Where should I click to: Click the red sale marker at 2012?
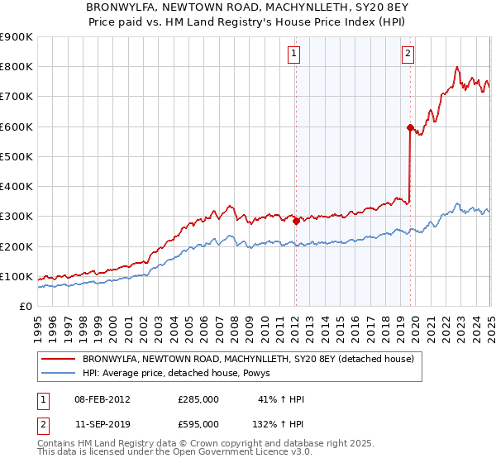click(x=296, y=221)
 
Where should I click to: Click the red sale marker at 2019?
click(x=410, y=127)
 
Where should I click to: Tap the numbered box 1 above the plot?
click(x=294, y=55)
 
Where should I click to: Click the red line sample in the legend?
click(x=59, y=359)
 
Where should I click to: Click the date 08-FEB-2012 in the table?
click(x=103, y=399)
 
